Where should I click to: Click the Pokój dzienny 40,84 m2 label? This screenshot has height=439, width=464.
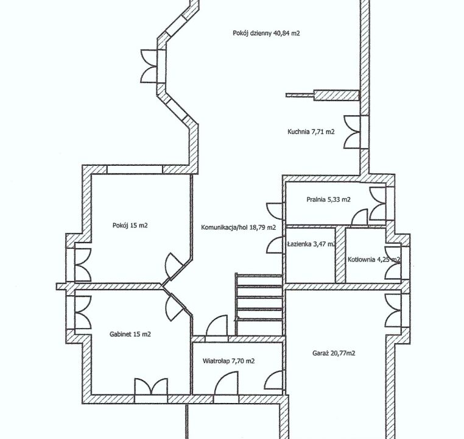click(x=266, y=33)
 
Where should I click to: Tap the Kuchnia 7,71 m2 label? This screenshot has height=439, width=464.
click(x=311, y=132)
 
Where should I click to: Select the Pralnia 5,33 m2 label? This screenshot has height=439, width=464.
click(x=328, y=199)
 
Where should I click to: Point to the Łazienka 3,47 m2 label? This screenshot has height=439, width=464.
click(x=311, y=244)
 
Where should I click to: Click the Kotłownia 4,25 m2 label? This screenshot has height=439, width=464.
click(x=374, y=260)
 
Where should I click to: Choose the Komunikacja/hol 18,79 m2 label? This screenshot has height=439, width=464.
click(x=239, y=227)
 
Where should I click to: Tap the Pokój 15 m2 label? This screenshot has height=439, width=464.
click(x=130, y=226)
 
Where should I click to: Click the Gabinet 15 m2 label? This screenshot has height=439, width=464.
click(x=130, y=334)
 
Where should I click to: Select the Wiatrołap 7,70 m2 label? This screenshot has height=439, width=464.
click(x=228, y=361)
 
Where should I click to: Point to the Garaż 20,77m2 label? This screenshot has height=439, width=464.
click(x=334, y=353)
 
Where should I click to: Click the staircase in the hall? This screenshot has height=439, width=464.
click(x=259, y=304)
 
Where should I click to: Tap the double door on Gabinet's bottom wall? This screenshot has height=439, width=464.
click(x=151, y=387)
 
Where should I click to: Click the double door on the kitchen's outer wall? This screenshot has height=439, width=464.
click(x=353, y=132)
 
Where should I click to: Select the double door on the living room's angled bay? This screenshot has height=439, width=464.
click(x=149, y=66)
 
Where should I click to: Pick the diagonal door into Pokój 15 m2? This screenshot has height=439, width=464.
click(x=174, y=266)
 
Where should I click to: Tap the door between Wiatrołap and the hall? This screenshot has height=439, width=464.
click(x=217, y=326)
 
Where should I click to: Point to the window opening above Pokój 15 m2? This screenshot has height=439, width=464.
click(x=135, y=170)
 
